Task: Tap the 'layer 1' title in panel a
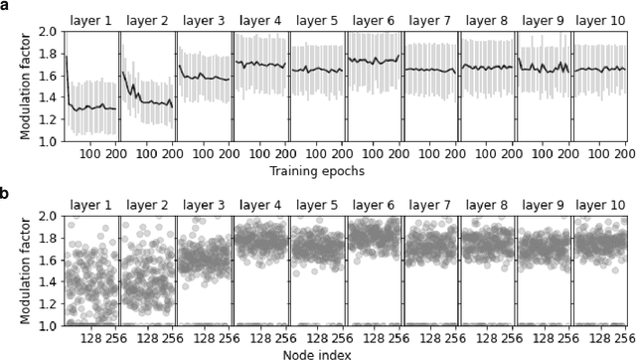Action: tap(89, 19)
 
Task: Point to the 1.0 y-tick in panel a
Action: tap(46, 141)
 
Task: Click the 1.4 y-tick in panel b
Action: tap(46, 281)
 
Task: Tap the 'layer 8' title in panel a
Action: tap(488, 19)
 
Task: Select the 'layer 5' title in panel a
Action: tap(317, 19)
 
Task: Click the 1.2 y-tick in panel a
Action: tap(46, 119)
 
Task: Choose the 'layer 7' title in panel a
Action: tap(430, 19)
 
